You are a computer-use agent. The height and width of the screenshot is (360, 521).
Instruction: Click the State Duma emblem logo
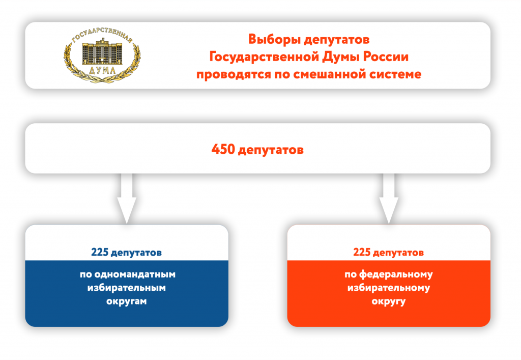point(102,55)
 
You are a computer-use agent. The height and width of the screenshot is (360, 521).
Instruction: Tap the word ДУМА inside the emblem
point(102,70)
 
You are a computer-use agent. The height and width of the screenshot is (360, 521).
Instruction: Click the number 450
point(223,149)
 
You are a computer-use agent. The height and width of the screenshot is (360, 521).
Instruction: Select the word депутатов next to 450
point(271,150)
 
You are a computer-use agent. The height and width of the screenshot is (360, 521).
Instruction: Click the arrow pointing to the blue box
point(127,199)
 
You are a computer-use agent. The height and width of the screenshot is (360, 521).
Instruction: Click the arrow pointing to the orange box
point(389,199)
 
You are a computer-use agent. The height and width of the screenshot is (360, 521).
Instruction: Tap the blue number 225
point(100,252)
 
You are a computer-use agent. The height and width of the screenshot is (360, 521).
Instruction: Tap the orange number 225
point(362,252)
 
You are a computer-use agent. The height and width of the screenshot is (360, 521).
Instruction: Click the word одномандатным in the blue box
point(134,274)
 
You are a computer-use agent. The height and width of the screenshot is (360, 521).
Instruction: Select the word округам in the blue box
point(127,301)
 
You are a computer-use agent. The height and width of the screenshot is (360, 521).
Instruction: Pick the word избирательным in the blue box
point(127,288)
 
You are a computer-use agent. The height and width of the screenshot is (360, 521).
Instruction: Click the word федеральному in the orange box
point(396,274)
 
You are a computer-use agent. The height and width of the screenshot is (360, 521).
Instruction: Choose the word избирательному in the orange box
point(389,288)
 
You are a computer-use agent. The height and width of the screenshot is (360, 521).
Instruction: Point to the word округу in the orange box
point(389,302)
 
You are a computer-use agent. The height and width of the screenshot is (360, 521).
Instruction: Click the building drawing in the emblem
point(102,52)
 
